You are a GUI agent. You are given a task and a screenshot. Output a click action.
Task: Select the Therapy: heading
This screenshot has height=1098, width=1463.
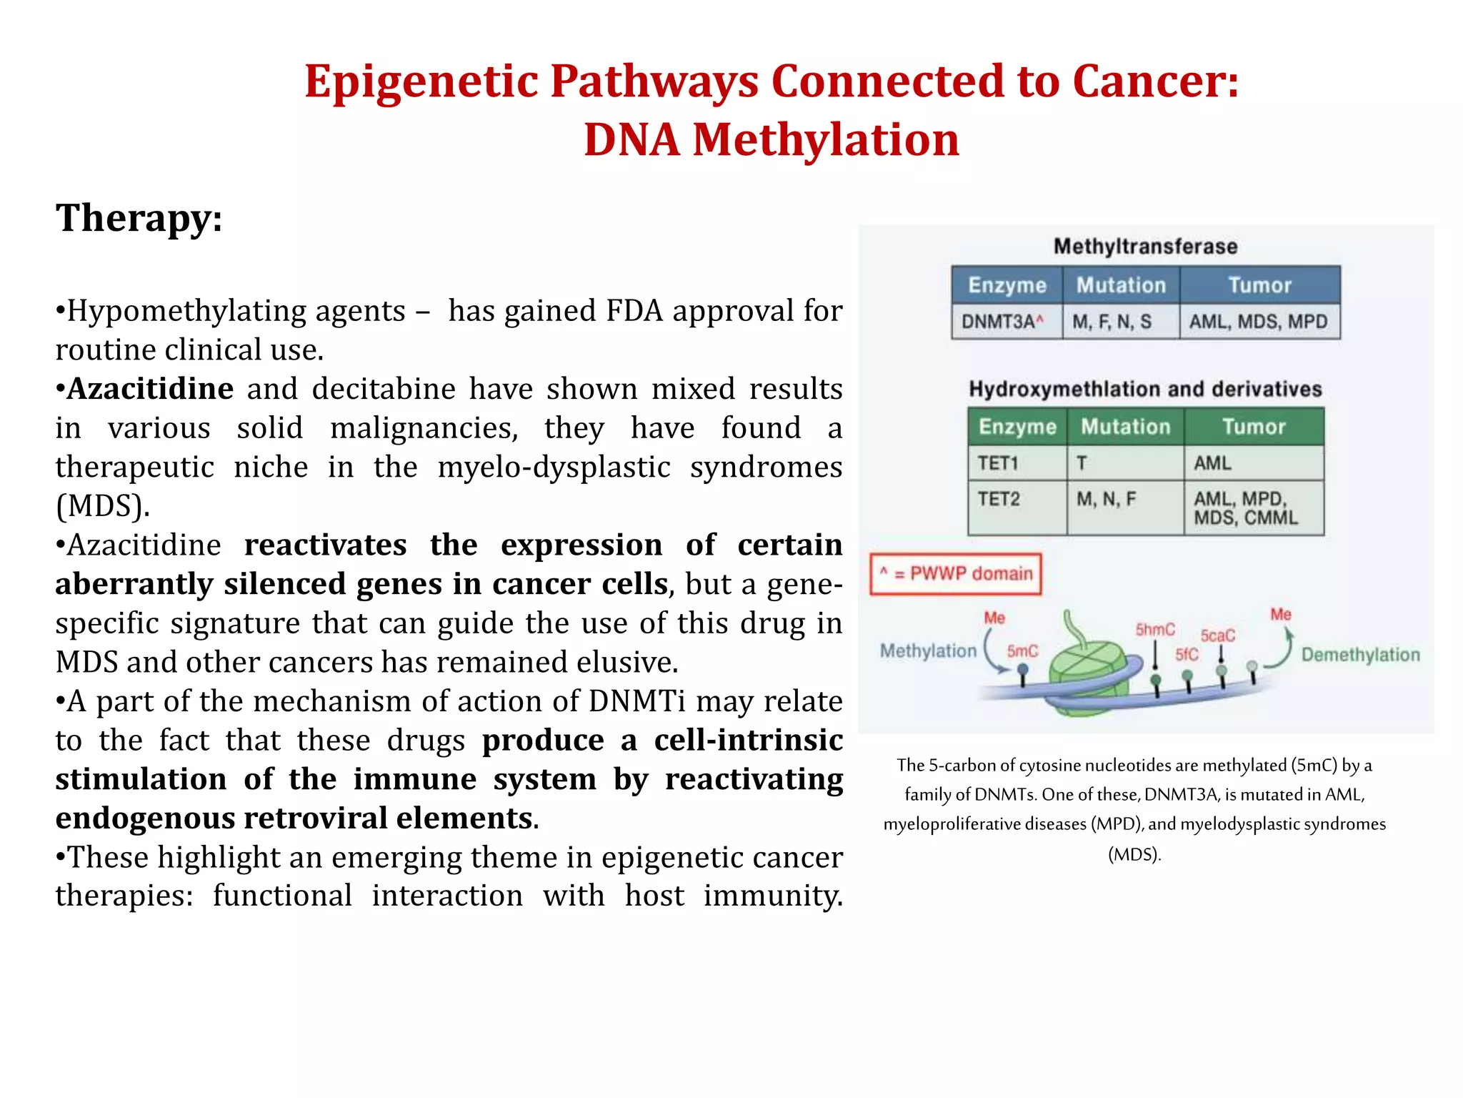139,217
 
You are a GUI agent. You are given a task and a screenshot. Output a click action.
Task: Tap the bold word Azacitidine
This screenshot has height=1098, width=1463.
150,389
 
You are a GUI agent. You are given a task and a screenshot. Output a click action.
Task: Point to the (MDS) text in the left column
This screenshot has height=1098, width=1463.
103,506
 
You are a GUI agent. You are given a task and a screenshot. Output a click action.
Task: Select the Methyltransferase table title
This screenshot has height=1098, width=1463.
1145,247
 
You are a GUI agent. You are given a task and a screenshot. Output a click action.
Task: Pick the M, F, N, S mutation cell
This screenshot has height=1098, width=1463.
1112,322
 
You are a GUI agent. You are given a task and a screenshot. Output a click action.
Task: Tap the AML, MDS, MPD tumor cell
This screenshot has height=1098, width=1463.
1258,322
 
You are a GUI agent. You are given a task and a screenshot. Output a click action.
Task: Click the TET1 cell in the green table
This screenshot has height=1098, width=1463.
997,463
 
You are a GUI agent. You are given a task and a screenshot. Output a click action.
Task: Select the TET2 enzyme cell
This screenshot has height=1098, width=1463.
998,498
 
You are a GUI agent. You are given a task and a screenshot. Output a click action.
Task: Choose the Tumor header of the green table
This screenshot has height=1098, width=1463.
1254,427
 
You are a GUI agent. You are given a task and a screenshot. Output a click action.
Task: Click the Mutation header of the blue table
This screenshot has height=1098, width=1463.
1121,285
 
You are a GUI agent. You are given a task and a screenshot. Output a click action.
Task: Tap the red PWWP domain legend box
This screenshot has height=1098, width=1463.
955,573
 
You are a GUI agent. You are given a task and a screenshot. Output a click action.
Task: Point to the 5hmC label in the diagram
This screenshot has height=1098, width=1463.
1154,629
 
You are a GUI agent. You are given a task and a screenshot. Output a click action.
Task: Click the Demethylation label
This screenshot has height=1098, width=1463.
1360,655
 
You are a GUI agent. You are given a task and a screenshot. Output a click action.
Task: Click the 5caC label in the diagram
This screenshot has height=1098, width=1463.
1217,635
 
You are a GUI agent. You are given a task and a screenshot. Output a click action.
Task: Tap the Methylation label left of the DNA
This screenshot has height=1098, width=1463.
927,651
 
